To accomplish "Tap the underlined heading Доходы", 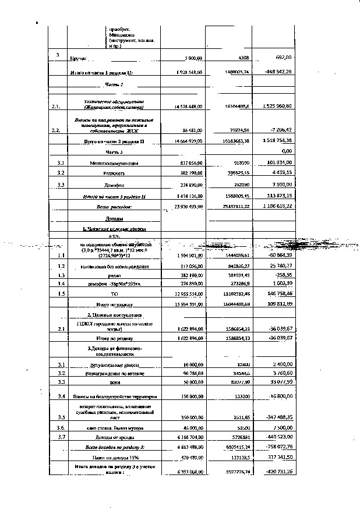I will pos(114,218).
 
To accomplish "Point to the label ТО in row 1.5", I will pos(114,294).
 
